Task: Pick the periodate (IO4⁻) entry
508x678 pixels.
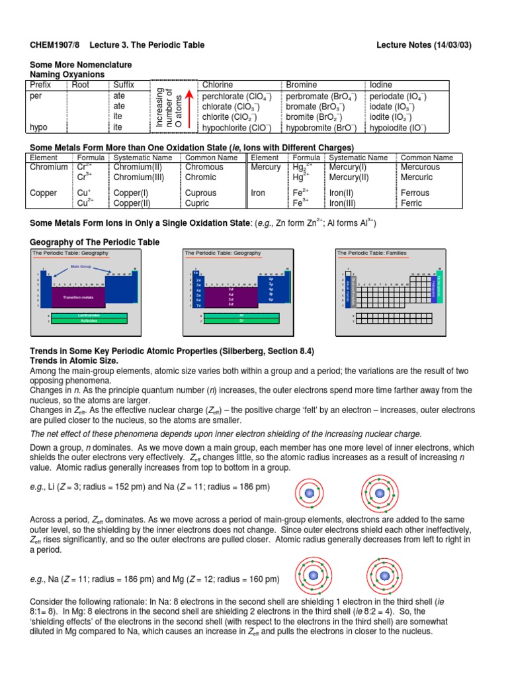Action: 398,96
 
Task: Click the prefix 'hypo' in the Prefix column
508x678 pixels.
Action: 40,128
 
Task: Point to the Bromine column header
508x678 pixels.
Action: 301,85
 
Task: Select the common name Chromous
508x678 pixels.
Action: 204,168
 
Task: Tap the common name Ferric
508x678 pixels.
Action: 413,203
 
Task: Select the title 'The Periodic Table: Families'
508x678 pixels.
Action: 371,253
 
